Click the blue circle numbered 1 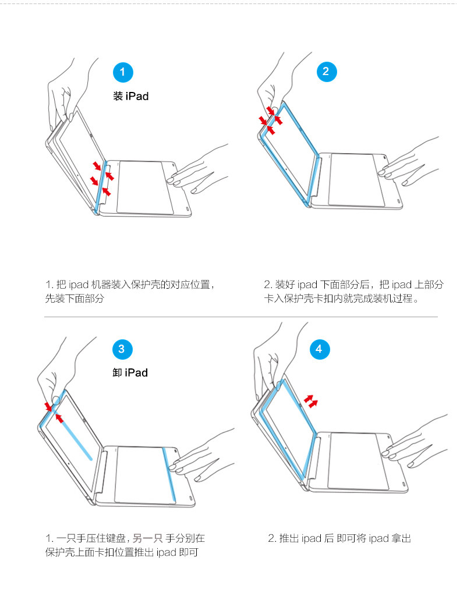point(122,72)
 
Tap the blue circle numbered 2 point(325,72)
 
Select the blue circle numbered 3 point(121,349)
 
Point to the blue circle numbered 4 point(318,349)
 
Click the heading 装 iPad point(131,96)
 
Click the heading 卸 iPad point(130,372)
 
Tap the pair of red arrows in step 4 point(312,402)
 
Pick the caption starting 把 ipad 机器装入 point(131,292)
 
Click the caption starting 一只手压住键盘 point(125,545)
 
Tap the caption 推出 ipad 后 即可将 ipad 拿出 point(339,538)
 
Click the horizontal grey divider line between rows point(241,317)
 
